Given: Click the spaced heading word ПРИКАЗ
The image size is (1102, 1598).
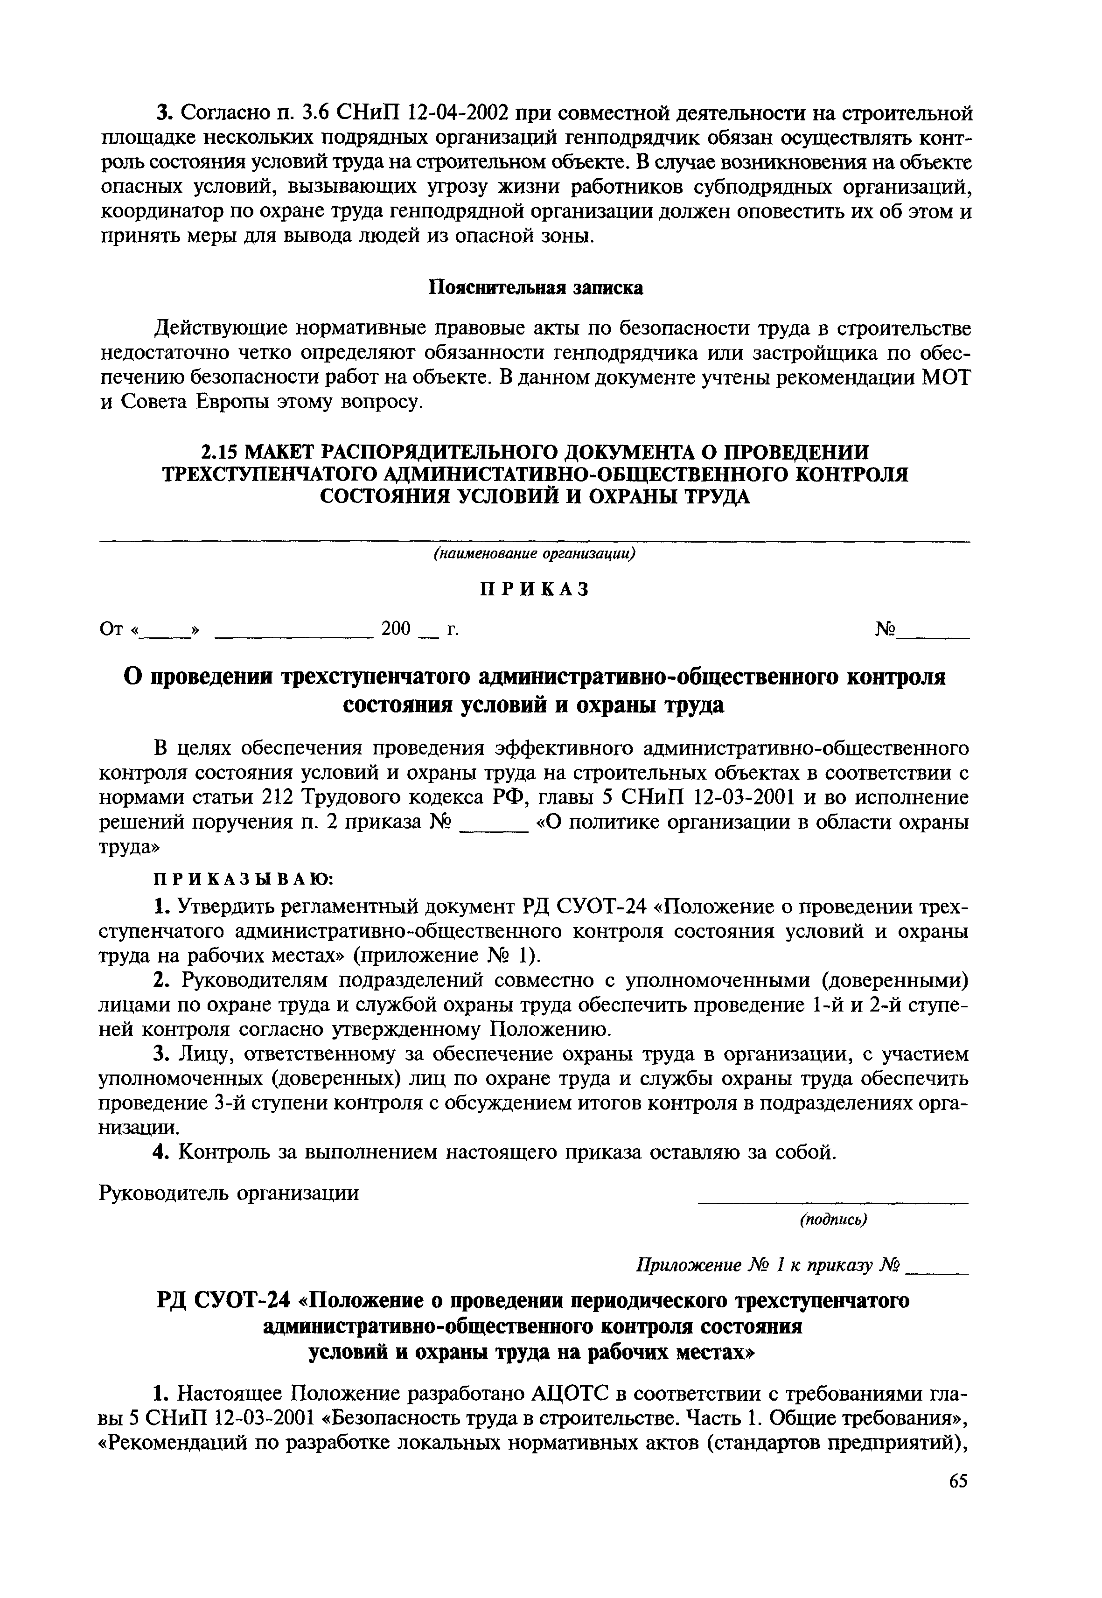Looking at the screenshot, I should click(535, 589).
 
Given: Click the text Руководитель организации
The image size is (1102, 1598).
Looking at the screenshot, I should click(230, 1193).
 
